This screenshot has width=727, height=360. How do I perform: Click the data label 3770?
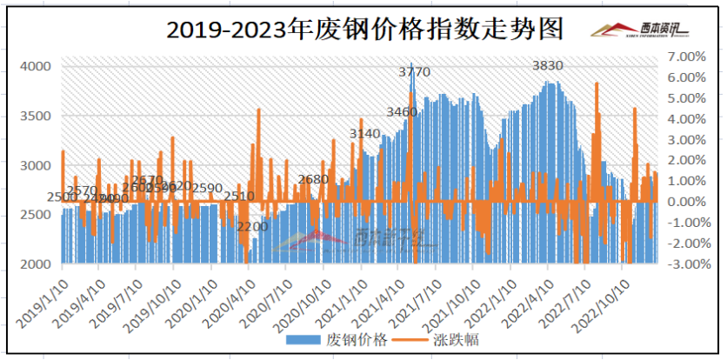tap(415, 71)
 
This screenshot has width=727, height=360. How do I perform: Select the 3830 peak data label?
tap(548, 66)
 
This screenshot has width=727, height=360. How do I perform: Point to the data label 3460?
tap(401, 112)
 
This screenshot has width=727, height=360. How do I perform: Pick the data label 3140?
tap(364, 133)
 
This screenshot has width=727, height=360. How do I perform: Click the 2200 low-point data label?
tap(253, 226)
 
